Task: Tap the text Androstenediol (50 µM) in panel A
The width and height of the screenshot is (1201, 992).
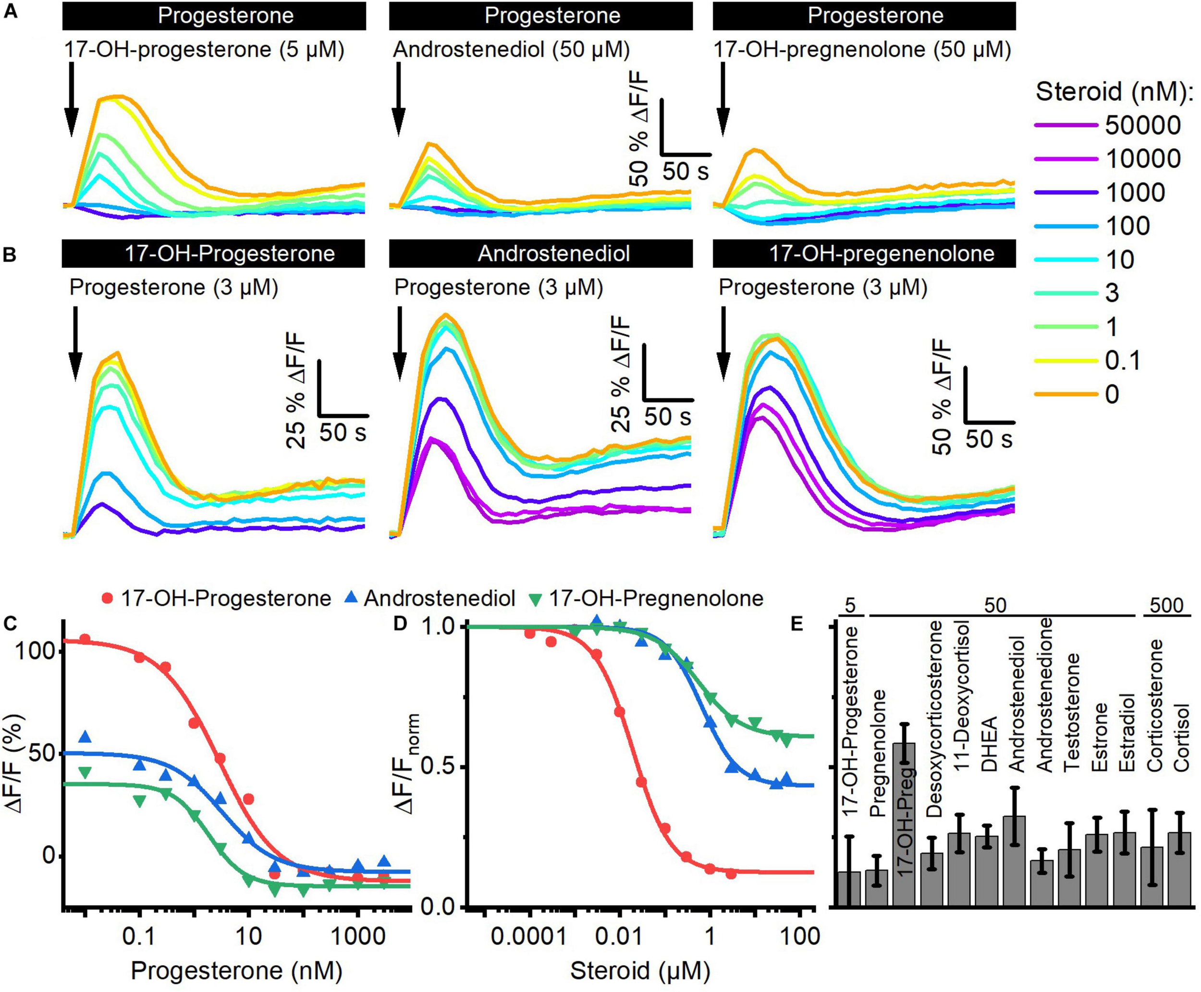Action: (x=512, y=50)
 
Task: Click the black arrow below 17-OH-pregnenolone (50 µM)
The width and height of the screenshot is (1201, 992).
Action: (x=723, y=99)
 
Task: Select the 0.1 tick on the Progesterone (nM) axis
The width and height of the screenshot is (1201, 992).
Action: (x=140, y=937)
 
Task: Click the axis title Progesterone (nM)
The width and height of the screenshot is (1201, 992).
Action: (x=237, y=970)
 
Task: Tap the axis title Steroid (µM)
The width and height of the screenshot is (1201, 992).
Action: (x=640, y=970)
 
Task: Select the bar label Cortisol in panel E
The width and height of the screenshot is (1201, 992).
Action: (x=1182, y=737)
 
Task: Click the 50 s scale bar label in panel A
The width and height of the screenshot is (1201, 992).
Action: (x=686, y=171)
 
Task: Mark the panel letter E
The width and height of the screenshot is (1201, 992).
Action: (x=797, y=625)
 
